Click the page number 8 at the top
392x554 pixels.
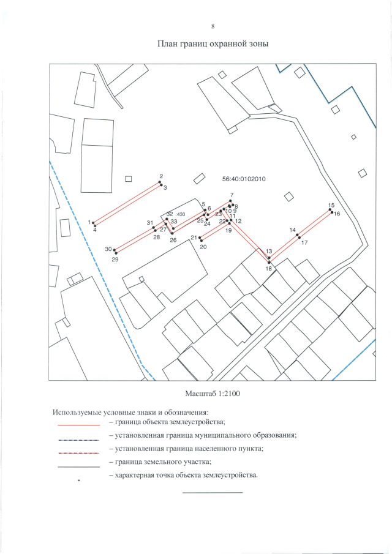(213, 26)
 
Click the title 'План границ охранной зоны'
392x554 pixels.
(213, 44)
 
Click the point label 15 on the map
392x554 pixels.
(331, 205)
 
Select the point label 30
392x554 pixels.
(108, 249)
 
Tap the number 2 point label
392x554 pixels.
(160, 176)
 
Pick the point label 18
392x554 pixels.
(268, 268)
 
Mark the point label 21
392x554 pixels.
(194, 238)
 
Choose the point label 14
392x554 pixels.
(293, 230)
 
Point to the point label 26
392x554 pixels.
(173, 241)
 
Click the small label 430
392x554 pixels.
(181, 214)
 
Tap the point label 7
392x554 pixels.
(232, 196)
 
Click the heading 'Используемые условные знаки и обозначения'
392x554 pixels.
(131, 411)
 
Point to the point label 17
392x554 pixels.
(304, 243)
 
